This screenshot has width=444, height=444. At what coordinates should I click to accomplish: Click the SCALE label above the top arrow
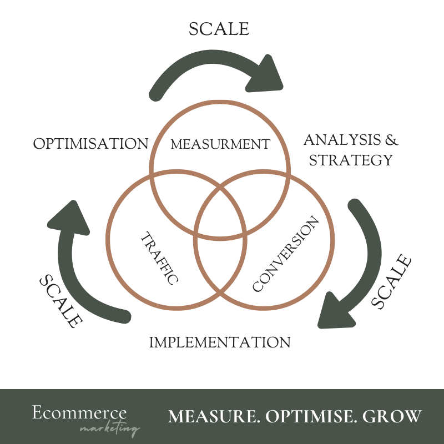219,29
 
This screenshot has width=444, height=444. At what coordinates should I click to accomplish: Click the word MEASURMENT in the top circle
220,144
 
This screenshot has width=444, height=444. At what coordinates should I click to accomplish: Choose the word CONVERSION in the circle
286,254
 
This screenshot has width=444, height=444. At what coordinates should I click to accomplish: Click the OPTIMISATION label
90,144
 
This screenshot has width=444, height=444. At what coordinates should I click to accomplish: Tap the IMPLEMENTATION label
220,342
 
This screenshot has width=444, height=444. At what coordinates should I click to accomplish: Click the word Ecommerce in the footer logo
79,413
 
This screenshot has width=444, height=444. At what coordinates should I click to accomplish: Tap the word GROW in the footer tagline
397,416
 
